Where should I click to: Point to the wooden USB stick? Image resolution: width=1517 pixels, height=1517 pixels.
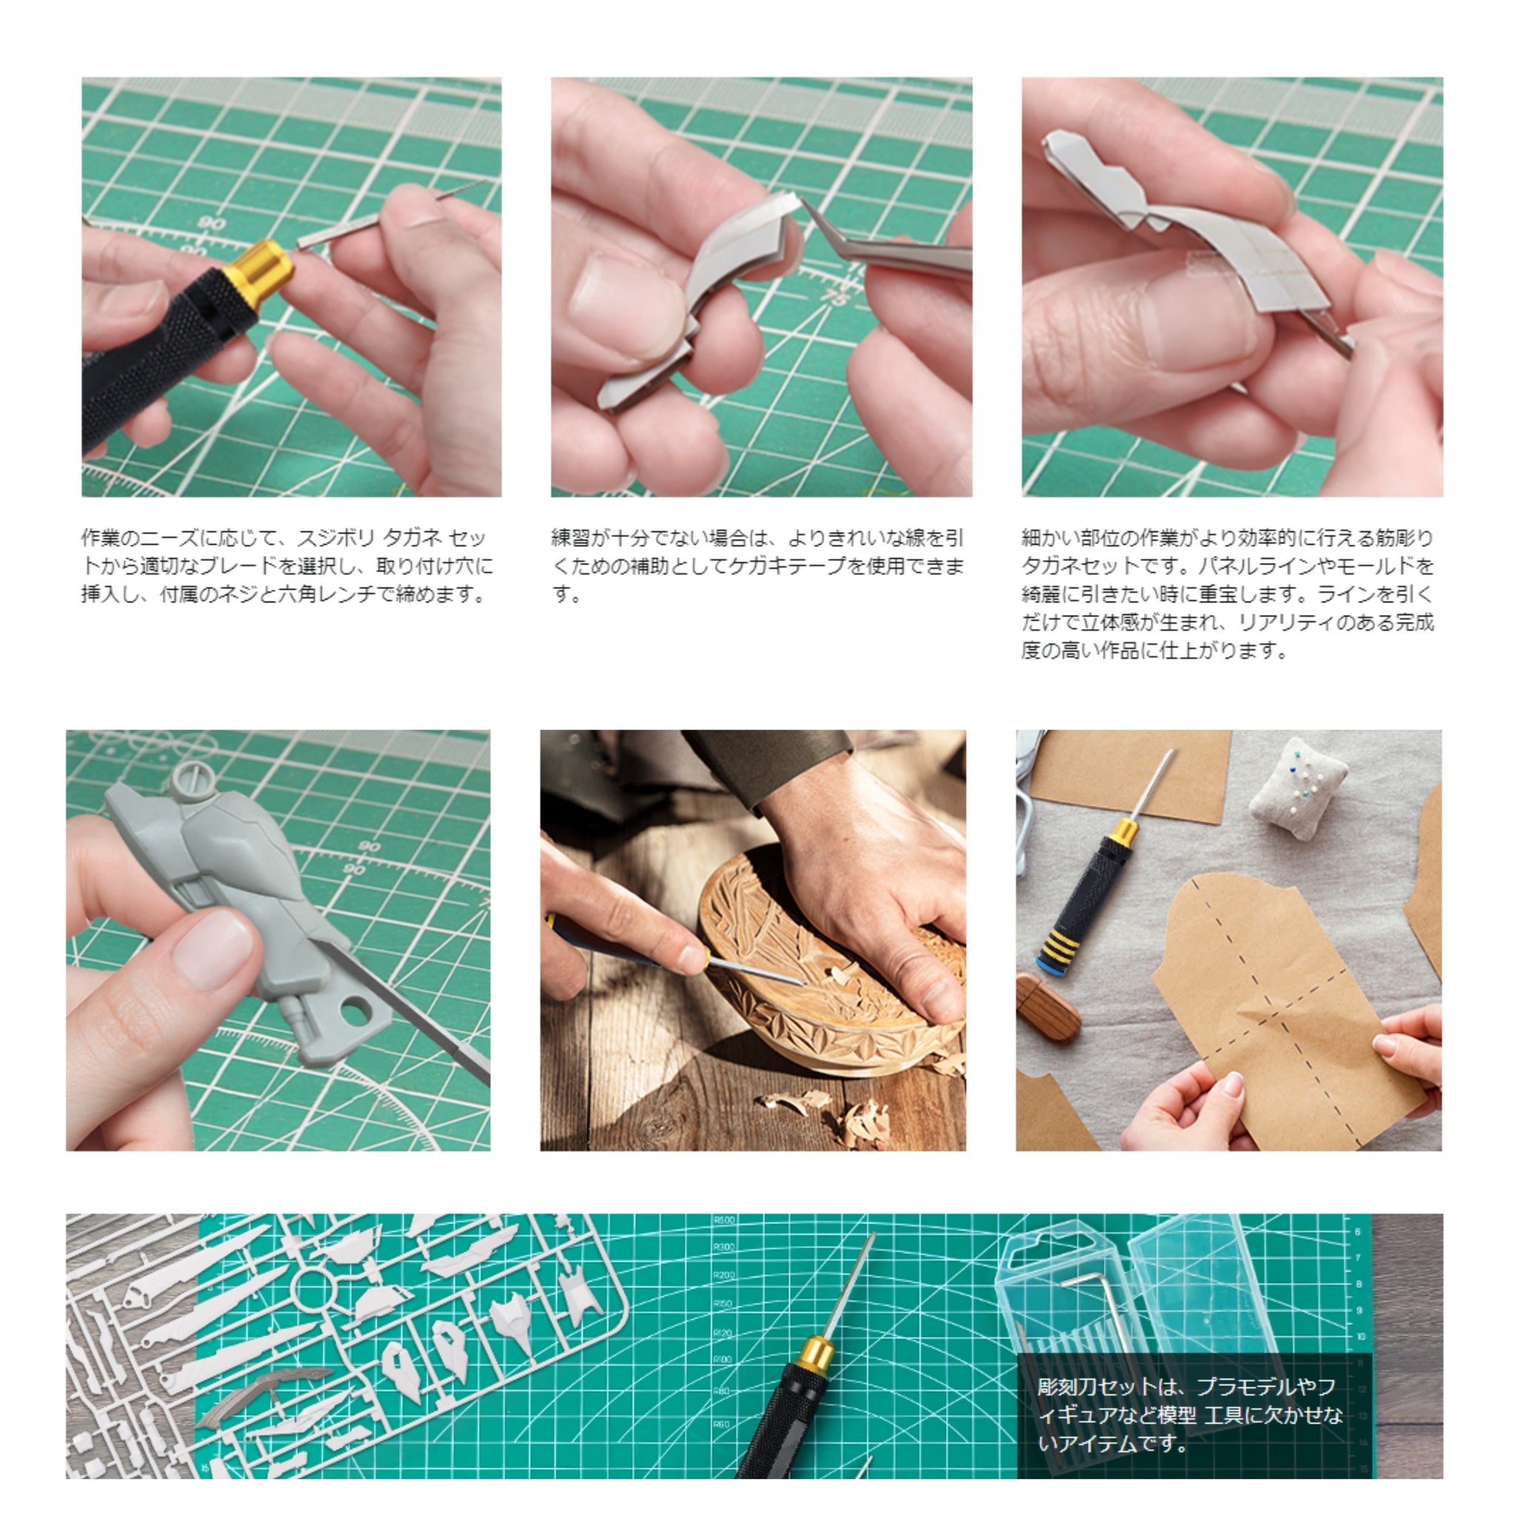[1047, 1007]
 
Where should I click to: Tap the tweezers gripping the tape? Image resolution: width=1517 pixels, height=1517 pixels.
[887, 239]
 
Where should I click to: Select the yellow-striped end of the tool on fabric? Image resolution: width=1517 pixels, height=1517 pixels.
[1061, 947]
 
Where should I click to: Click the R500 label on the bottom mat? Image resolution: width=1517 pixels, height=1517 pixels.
[724, 1220]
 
